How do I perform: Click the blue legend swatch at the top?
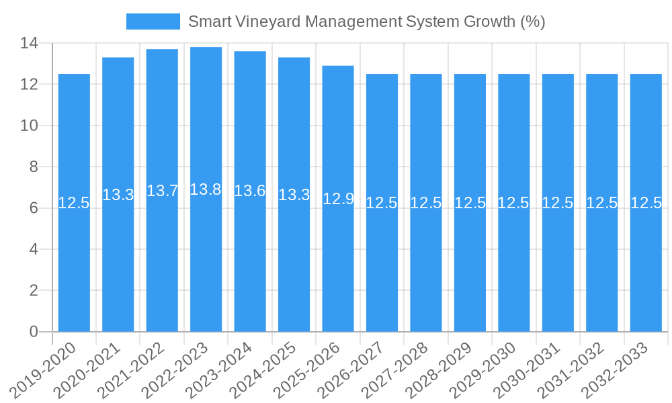pyautogui.click(x=153, y=21)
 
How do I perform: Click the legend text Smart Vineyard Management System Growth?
pyautogui.click(x=366, y=21)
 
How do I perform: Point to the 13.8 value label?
pyautogui.click(x=206, y=189)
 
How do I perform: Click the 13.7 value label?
pyautogui.click(x=162, y=191)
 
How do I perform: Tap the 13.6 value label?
pyautogui.click(x=250, y=191)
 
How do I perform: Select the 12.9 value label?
pyautogui.click(x=338, y=199)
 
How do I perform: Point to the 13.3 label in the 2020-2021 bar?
pyautogui.click(x=118, y=195)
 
